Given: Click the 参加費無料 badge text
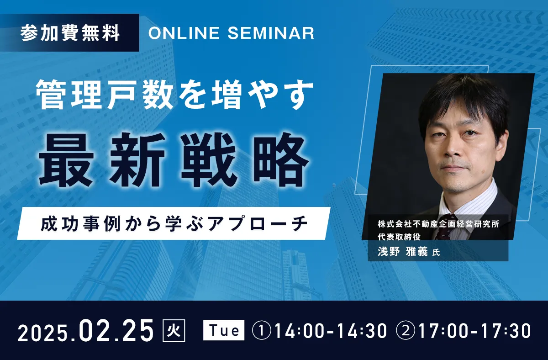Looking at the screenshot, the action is coord(70,33).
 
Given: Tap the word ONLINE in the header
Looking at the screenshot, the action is coord(184,33).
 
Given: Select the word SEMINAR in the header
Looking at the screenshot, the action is coord(271,33).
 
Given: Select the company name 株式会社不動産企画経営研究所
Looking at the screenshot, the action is coord(438,224).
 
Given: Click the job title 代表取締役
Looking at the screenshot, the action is coord(399,237).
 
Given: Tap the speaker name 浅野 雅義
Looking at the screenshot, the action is coord(402,252).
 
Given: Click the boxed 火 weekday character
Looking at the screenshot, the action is coord(174,330).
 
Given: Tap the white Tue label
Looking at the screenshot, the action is coord(224,330).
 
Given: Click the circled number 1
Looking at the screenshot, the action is coord(262,331).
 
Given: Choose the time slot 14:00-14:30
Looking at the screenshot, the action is coord(331,331).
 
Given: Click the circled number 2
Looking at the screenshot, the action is coord(406,331).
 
